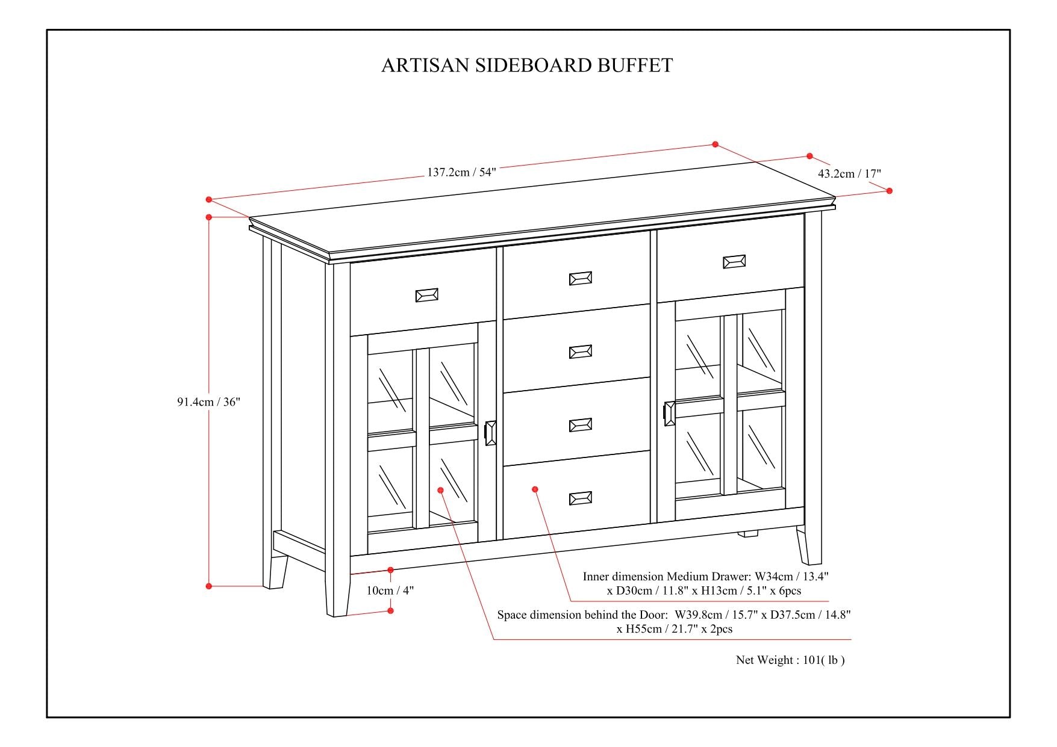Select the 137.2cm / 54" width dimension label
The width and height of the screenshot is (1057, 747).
pyautogui.click(x=461, y=172)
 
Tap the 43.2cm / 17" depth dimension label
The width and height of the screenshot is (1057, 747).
pyautogui.click(x=849, y=174)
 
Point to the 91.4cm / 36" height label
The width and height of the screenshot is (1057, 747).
pyautogui.click(x=208, y=402)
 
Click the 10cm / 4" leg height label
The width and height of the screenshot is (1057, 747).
pyautogui.click(x=390, y=590)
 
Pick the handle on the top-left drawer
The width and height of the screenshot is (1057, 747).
pyautogui.click(x=427, y=295)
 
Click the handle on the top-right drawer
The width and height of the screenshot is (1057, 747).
pyautogui.click(x=734, y=261)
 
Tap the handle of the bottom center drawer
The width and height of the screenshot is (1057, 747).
pyautogui.click(x=581, y=498)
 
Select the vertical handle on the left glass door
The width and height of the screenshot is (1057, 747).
pyautogui.click(x=490, y=433)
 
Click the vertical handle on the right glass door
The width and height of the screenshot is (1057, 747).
pyautogui.click(x=669, y=414)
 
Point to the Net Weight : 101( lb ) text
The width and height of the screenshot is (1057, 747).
pyautogui.click(x=790, y=660)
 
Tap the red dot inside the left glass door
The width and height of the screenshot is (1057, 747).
pyautogui.click(x=441, y=491)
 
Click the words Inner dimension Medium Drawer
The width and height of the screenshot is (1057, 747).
pyautogui.click(x=667, y=577)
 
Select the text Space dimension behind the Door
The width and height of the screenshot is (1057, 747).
pyautogui.click(x=582, y=615)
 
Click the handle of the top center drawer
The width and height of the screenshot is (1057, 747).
pyautogui.click(x=581, y=278)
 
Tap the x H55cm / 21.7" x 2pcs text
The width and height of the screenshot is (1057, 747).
pyautogui.click(x=674, y=629)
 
